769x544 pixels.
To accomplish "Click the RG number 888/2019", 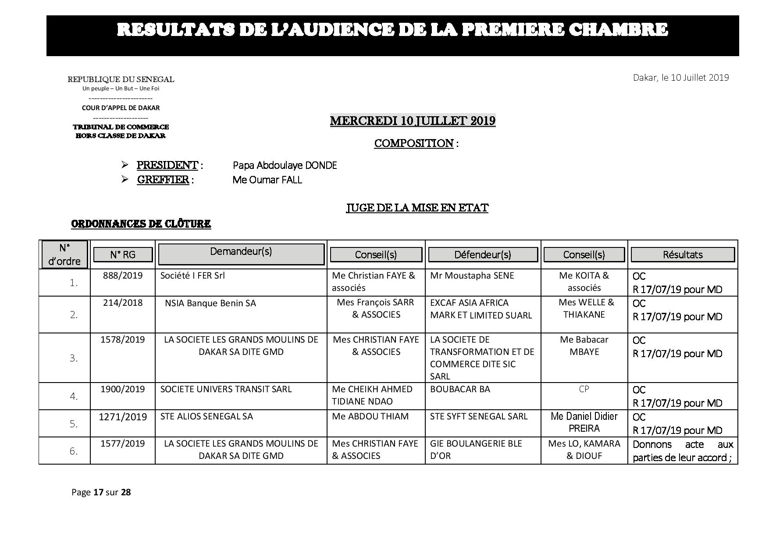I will [x=123, y=276].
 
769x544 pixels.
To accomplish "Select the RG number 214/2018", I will [x=123, y=303].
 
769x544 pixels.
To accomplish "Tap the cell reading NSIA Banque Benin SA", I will [x=210, y=303].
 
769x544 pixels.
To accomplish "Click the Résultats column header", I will [x=683, y=255].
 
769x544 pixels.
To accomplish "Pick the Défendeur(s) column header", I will [x=483, y=255].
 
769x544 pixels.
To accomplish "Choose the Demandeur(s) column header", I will [x=241, y=252].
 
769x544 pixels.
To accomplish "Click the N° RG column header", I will [x=123, y=254].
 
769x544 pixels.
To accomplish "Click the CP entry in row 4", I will [x=584, y=389].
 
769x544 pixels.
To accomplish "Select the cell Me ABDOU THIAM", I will [x=370, y=416].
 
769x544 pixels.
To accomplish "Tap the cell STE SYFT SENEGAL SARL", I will [x=479, y=416].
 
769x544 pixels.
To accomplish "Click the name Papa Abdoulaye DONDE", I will [x=285, y=165].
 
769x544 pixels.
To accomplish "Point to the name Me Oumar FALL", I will [x=267, y=180].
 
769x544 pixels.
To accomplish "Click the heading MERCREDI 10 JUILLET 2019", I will [x=413, y=121].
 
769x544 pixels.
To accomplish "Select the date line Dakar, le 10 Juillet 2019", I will [x=681, y=78].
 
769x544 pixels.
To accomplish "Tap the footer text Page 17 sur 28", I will [x=101, y=492].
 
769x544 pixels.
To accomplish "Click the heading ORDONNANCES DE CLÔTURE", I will [x=141, y=224].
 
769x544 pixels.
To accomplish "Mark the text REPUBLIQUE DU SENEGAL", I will [x=121, y=79].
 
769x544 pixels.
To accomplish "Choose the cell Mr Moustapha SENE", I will [x=472, y=276].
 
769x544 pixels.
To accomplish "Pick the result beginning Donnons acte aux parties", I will [x=683, y=451].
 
